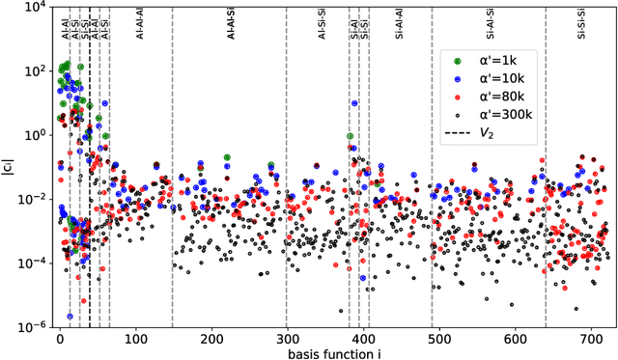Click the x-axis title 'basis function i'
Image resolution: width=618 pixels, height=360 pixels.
coord(333,353)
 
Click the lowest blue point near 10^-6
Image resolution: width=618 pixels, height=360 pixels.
coord(70,316)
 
